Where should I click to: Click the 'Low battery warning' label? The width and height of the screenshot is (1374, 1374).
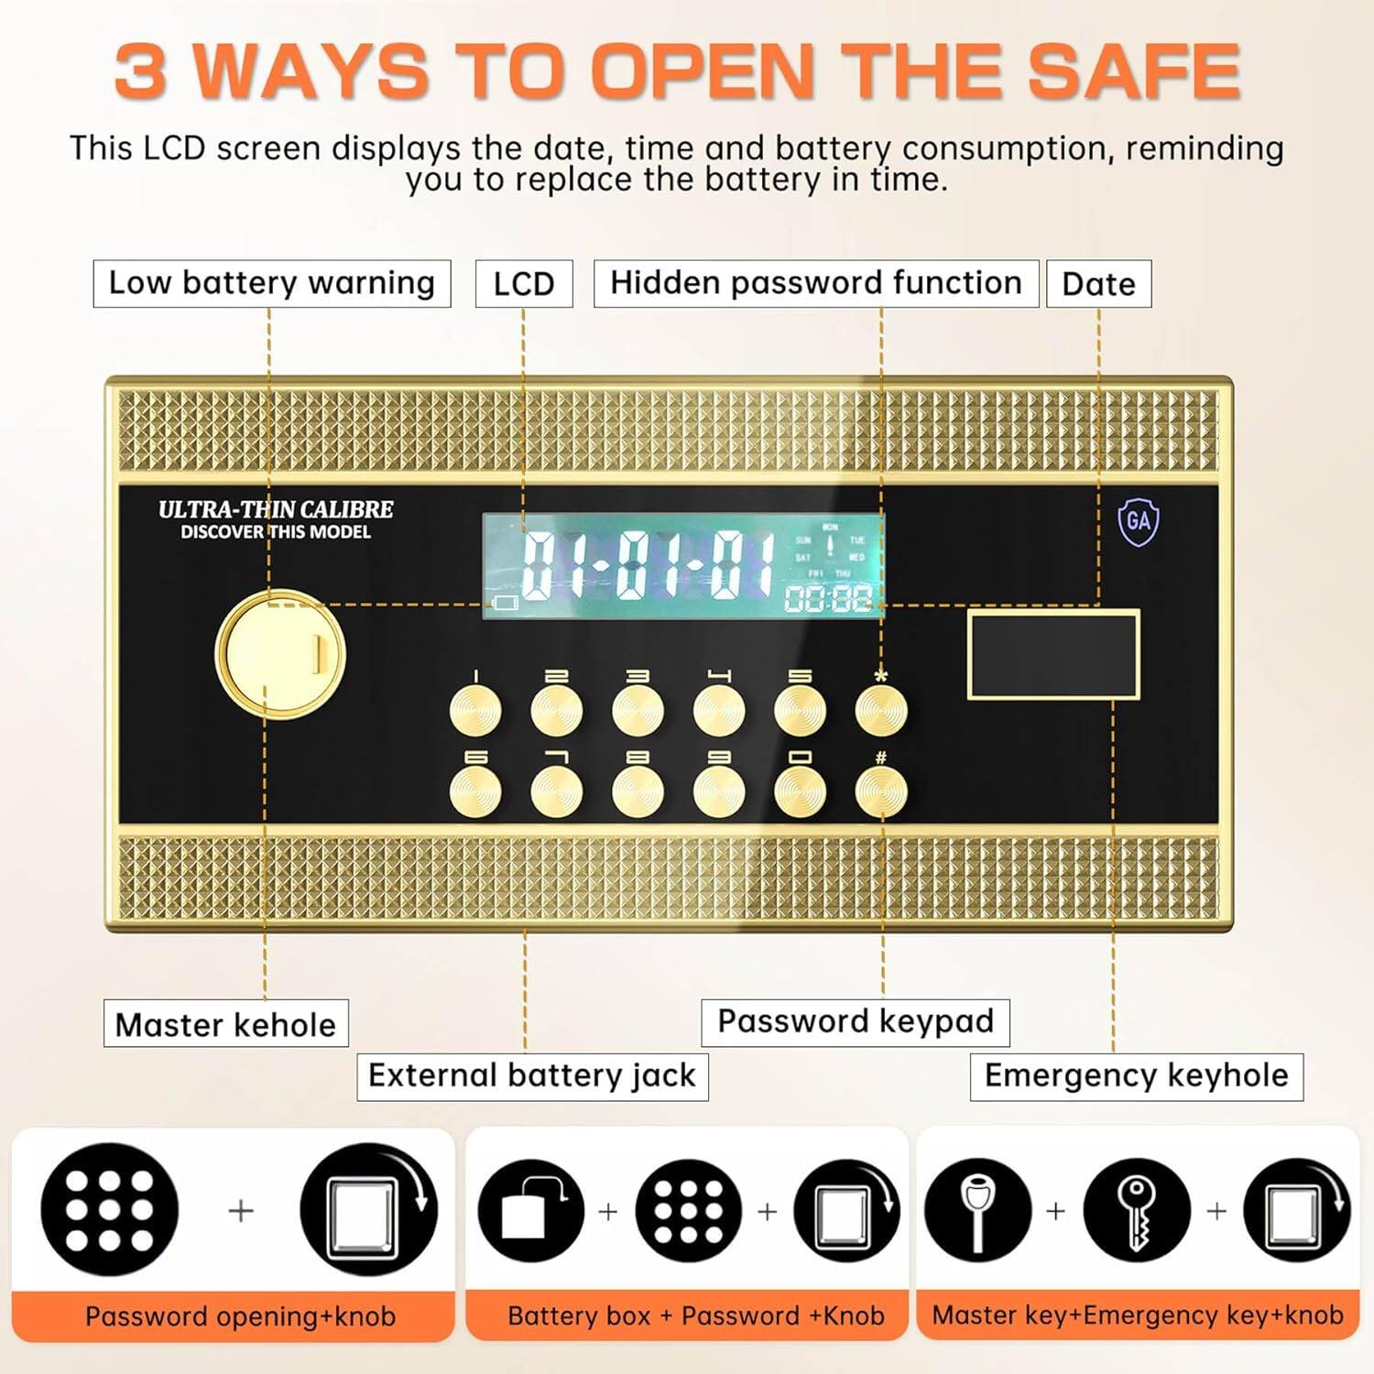271,283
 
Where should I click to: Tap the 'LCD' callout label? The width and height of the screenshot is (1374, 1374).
523,284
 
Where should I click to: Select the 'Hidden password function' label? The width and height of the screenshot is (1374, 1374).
815,283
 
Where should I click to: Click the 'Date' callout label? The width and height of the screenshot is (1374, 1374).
1098,284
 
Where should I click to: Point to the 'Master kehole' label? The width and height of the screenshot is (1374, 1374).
225,1024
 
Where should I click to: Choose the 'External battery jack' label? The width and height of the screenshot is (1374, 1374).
532,1075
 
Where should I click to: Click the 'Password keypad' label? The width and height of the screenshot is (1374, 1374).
855,1021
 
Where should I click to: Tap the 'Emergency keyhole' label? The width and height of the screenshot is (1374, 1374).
1136,1075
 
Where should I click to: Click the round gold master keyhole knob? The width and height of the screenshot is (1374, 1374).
280,654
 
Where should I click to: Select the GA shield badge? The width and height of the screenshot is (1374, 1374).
1138,522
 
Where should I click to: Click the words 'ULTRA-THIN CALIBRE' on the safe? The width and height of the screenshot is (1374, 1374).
276,509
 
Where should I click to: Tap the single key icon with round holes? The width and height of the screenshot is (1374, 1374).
1136,1211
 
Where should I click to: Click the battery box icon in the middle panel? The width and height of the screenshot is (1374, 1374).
531,1211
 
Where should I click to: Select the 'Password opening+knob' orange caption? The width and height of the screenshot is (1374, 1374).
240,1316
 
